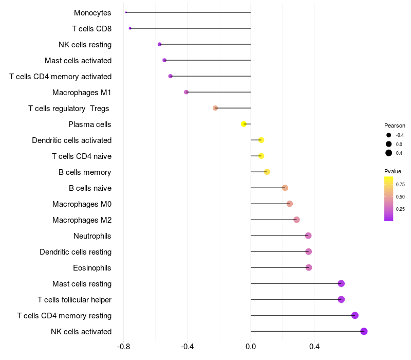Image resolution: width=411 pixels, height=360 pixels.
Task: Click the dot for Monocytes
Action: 126,12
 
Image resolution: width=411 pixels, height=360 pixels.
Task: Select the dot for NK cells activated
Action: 364,331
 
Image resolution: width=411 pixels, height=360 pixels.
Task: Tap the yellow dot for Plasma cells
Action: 244,124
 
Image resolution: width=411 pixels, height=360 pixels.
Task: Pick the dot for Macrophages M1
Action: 186,92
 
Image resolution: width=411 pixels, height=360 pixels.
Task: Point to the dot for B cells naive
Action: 285,188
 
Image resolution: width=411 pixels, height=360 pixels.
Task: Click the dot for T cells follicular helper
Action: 341,299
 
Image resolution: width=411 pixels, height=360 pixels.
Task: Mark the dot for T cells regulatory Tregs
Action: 215,108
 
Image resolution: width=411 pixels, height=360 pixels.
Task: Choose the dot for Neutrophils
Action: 308,236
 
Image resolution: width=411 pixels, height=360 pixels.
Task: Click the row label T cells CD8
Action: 92,29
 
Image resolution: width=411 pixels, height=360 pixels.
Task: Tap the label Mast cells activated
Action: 78,61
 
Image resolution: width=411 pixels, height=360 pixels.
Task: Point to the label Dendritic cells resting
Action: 76,252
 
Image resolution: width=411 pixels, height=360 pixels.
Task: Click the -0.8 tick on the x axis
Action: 123,347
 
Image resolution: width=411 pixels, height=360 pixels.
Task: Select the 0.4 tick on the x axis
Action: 314,347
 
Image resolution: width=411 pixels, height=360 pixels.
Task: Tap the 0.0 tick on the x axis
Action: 251,347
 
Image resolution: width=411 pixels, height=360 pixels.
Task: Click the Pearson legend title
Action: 395,125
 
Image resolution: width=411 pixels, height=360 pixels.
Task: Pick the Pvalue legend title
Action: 393,171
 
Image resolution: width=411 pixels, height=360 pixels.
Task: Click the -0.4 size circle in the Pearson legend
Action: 389,135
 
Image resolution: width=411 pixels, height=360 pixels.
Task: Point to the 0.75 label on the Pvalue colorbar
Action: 400,184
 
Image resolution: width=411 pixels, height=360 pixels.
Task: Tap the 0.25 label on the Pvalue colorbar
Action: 400,209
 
